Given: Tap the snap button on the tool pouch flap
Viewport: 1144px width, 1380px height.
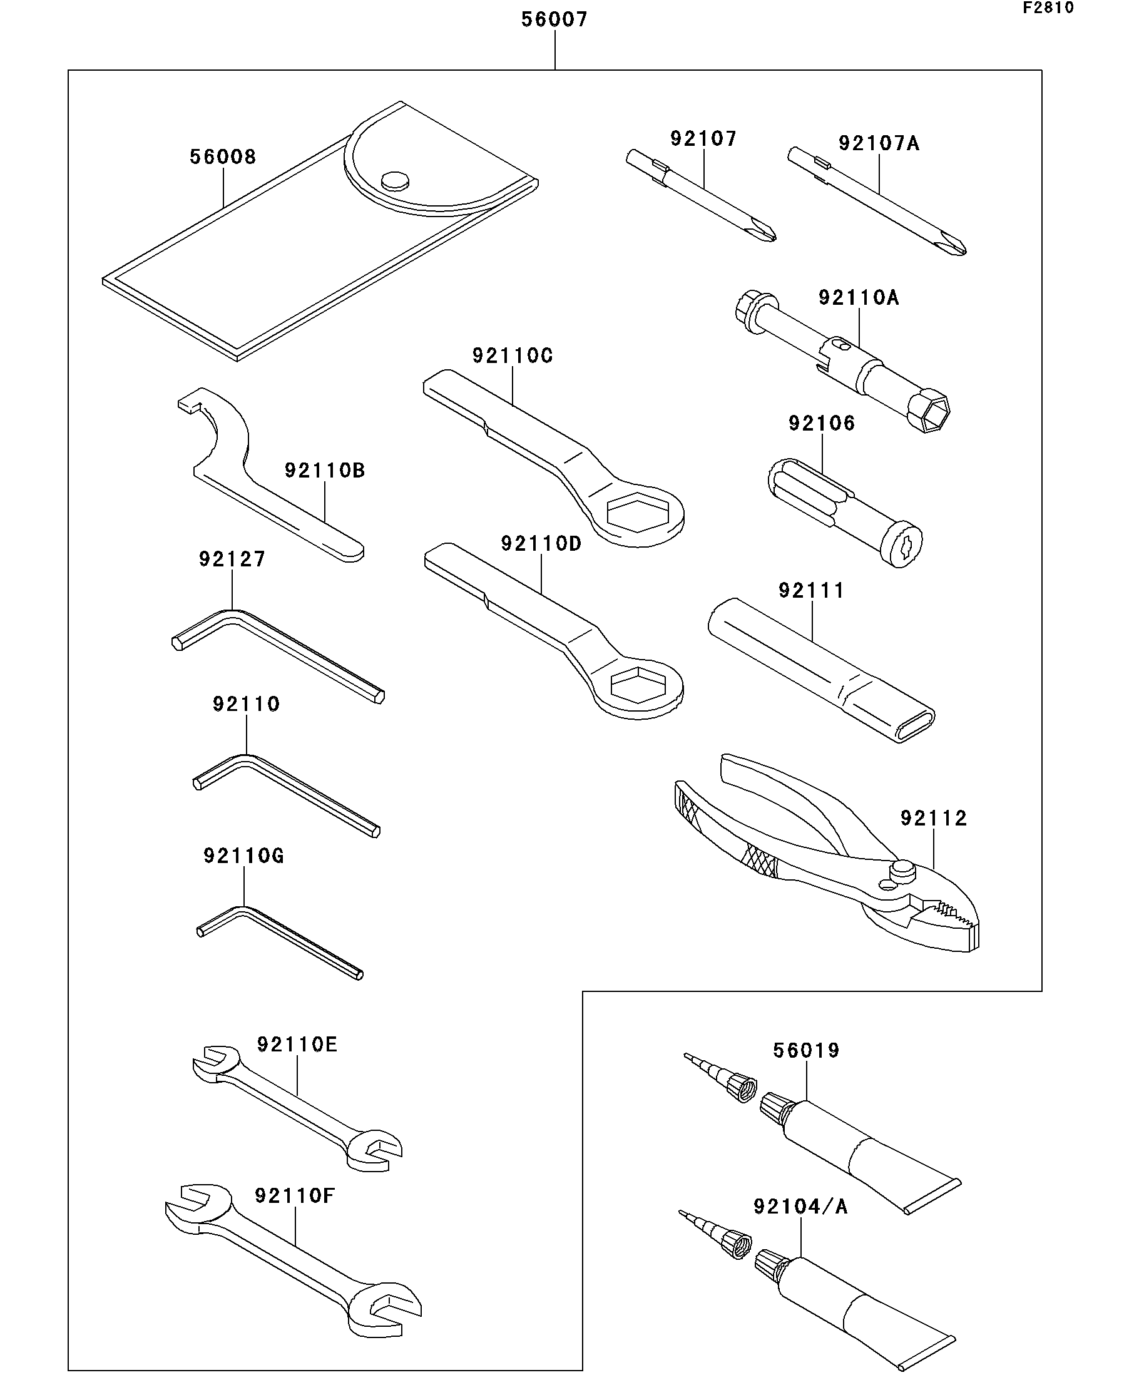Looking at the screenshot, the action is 395,181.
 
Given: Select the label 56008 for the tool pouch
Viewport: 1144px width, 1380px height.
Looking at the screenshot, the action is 223,156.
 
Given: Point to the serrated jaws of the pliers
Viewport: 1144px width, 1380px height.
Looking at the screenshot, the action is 949,917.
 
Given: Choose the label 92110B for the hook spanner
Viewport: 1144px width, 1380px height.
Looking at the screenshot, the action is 325,470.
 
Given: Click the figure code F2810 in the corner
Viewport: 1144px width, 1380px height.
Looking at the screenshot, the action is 1048,8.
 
